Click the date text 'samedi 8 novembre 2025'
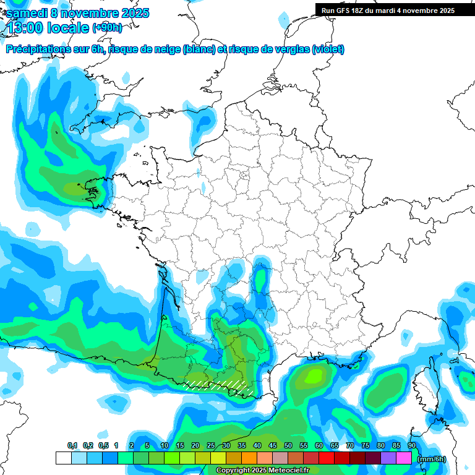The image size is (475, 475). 77,13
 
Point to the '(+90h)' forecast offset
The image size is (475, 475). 107,27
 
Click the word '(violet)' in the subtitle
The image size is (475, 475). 328,49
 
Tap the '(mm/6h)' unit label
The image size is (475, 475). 431,458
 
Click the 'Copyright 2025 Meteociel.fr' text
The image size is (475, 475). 262,471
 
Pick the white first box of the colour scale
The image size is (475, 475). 63,458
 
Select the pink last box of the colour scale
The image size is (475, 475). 404,458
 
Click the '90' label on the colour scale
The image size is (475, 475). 411,445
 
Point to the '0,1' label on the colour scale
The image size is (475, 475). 72,445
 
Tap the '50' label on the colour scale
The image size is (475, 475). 288,445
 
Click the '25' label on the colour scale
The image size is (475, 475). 210,445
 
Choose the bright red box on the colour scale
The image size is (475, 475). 327,458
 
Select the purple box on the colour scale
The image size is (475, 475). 388,458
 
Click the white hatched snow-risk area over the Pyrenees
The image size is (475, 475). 216,385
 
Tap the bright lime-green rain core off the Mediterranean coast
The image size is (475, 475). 315,374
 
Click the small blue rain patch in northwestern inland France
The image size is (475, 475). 203,186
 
